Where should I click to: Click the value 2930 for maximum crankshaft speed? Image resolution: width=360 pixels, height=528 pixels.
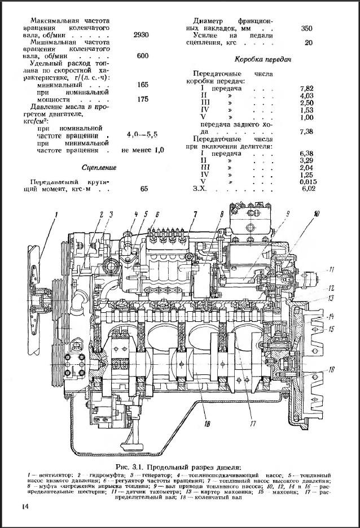coord(141,35)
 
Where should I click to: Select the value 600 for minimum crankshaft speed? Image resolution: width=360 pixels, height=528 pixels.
coord(143,56)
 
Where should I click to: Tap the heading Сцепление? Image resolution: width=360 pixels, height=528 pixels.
coord(99,168)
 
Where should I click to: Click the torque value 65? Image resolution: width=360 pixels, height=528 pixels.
coord(144,189)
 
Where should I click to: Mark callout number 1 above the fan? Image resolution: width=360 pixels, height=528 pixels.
coord(56,213)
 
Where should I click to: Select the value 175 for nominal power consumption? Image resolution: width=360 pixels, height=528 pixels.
coord(143,99)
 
